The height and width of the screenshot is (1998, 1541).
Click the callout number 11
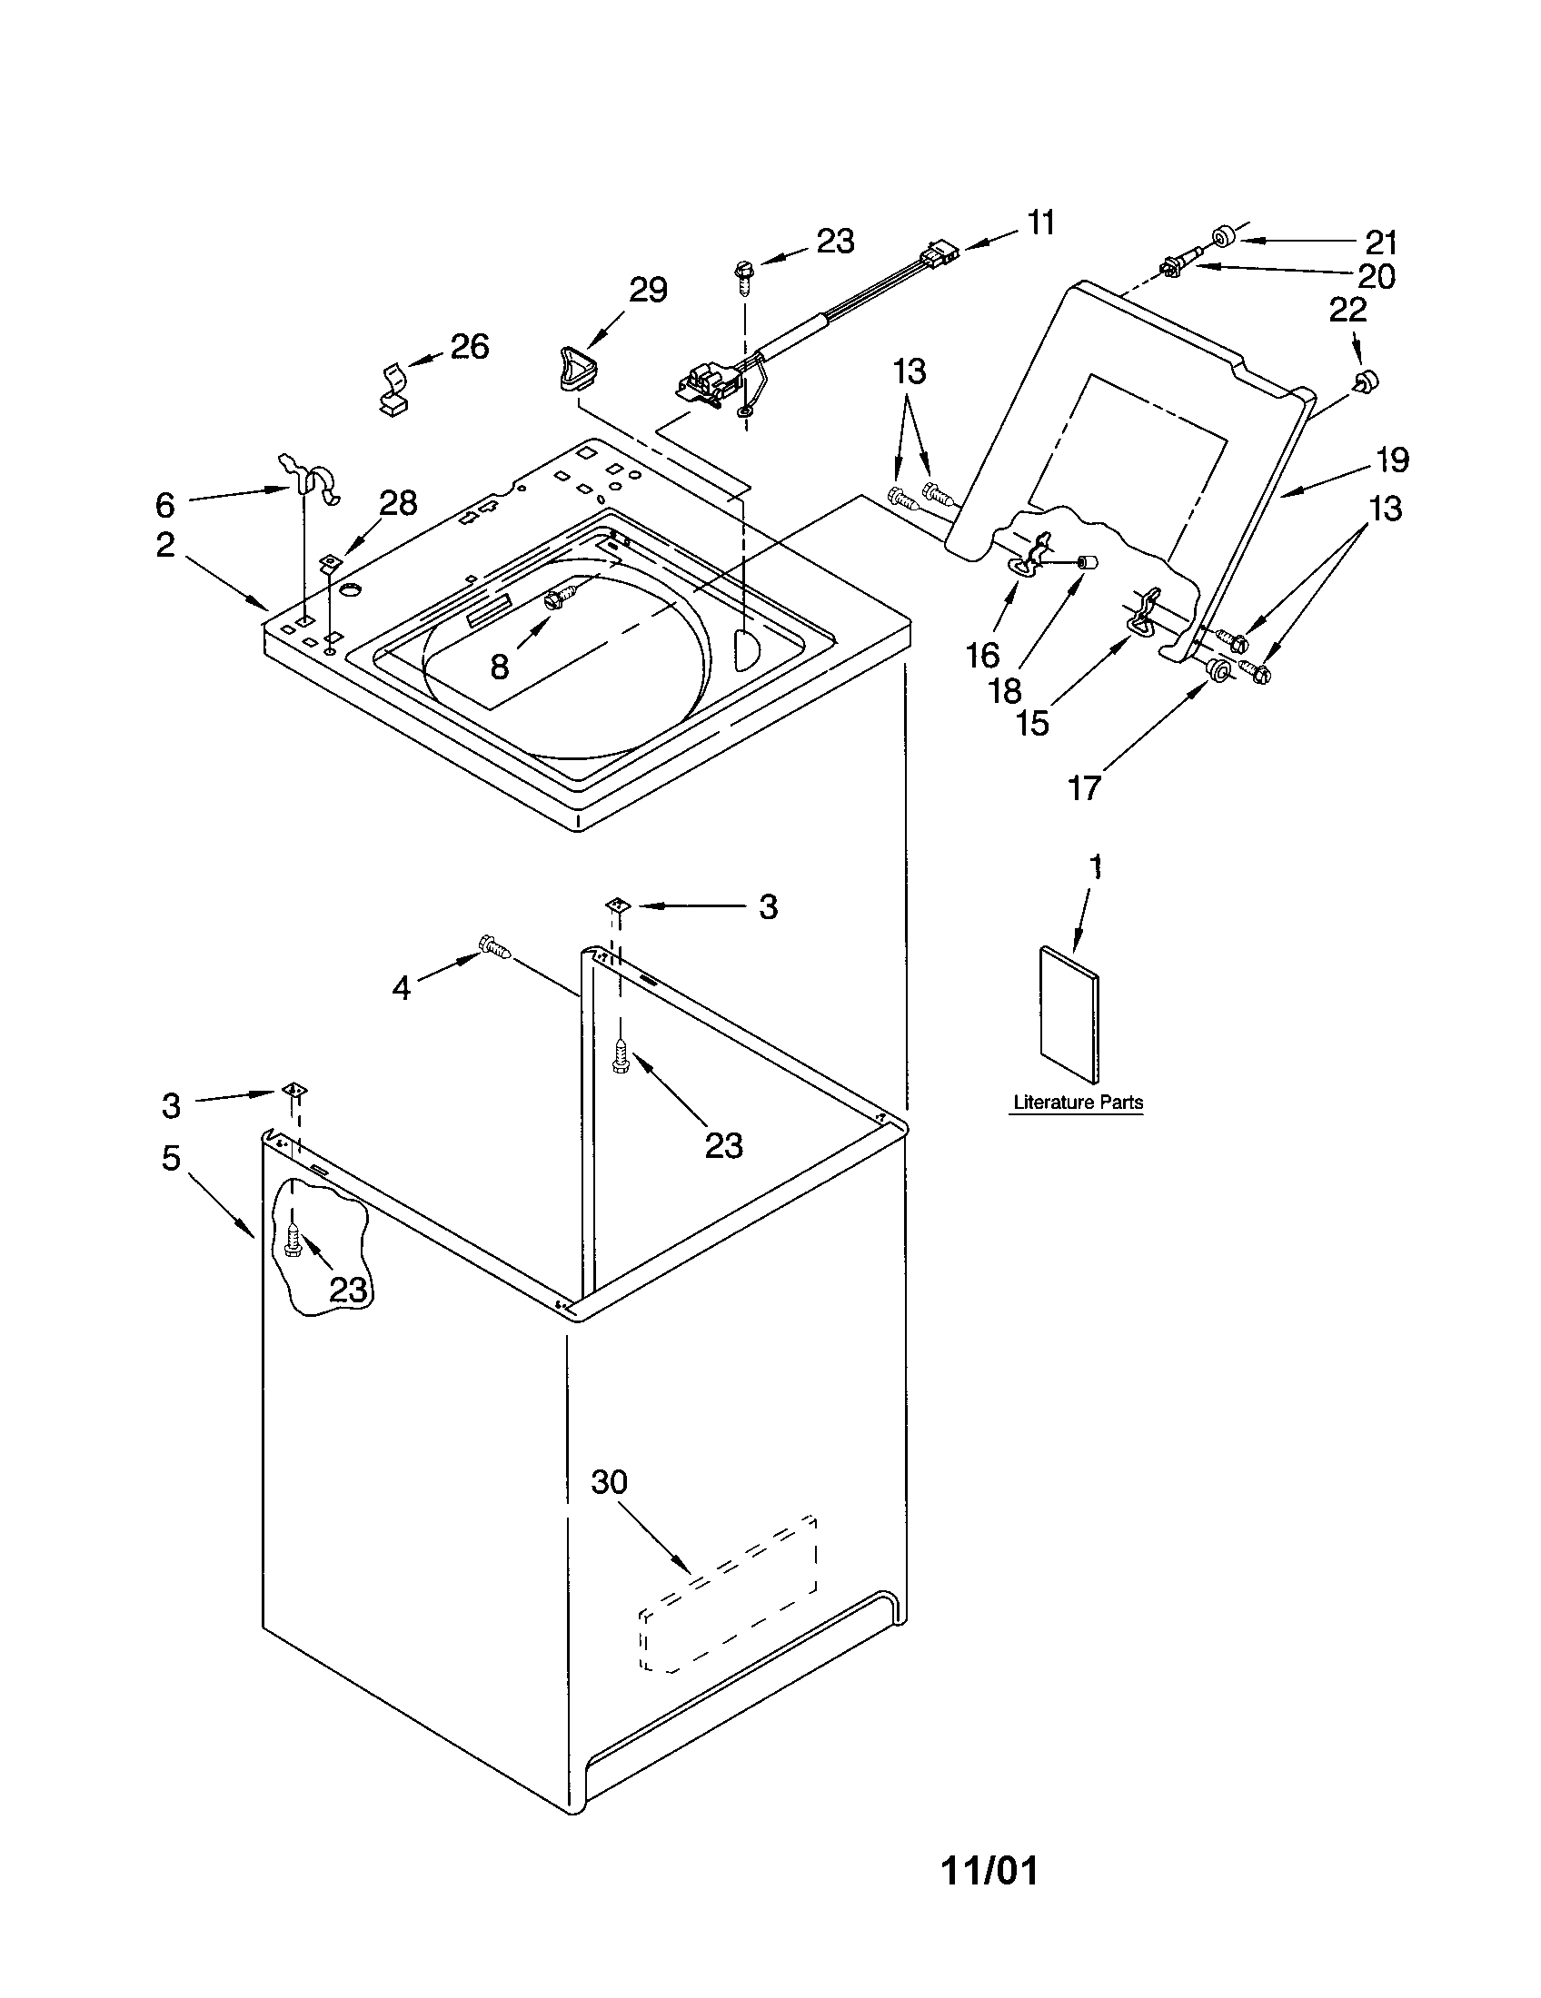point(1040,223)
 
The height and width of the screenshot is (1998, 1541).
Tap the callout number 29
point(648,290)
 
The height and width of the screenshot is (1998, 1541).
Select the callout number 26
point(469,347)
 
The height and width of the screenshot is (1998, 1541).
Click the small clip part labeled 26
point(394,390)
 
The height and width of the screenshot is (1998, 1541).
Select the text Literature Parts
point(1078,1103)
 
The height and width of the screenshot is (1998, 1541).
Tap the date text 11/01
point(990,1871)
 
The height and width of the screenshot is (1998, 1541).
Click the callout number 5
point(171,1158)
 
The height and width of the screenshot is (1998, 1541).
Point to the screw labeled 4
point(494,947)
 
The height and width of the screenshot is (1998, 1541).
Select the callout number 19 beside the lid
point(1392,460)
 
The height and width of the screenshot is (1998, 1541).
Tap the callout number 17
point(1084,786)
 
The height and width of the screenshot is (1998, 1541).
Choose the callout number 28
point(399,502)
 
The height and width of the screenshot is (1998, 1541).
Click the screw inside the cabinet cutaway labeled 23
point(293,1241)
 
